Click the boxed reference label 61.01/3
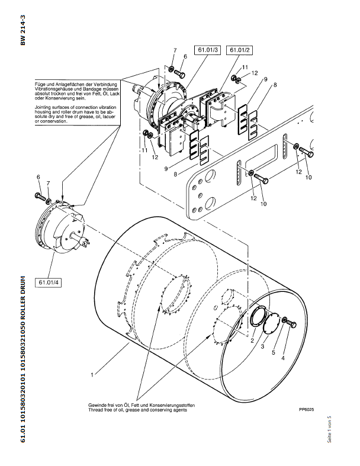[208, 50]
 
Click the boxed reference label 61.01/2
[239, 50]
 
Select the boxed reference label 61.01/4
[49, 282]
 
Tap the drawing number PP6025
[306, 410]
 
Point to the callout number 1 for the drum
[92, 375]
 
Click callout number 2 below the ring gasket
[252, 340]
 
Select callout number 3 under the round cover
[262, 346]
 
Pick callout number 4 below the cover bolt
[282, 358]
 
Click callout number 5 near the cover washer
[274, 353]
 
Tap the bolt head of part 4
[293, 325]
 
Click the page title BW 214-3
[23, 30]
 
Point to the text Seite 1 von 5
[329, 429]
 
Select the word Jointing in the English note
[42, 107]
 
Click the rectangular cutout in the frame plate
[261, 160]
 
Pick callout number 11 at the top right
[245, 68]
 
